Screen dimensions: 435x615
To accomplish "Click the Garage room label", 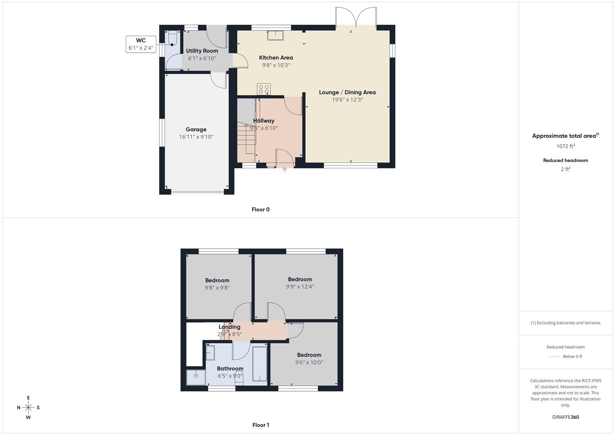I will (x=196, y=129).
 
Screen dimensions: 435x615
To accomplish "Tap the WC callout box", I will (x=141, y=44).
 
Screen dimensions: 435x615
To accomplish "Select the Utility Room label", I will (x=202, y=51).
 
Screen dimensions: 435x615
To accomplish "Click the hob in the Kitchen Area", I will (x=264, y=89).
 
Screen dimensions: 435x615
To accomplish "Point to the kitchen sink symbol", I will (x=275, y=35).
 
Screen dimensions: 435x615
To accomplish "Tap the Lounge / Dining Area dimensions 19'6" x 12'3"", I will (x=347, y=100).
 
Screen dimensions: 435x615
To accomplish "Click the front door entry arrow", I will (x=284, y=170).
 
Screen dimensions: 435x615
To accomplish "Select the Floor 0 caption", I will (x=261, y=209).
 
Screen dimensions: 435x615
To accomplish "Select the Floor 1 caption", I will (x=261, y=425).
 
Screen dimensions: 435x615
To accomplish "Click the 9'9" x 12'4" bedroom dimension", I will (x=300, y=287).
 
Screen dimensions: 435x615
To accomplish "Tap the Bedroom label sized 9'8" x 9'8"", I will (x=217, y=280).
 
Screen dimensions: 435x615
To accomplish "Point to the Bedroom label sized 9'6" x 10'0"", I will (x=309, y=355).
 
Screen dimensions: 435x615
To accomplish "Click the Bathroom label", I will (x=230, y=369).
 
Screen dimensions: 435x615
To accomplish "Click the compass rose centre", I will (x=28, y=408).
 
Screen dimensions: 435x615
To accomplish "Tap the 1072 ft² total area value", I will (x=565, y=146).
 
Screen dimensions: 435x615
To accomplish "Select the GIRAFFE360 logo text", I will (x=565, y=417).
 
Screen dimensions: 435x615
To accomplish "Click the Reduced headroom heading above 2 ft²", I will (x=565, y=160).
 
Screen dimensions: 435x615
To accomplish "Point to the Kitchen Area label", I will (x=276, y=58).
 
